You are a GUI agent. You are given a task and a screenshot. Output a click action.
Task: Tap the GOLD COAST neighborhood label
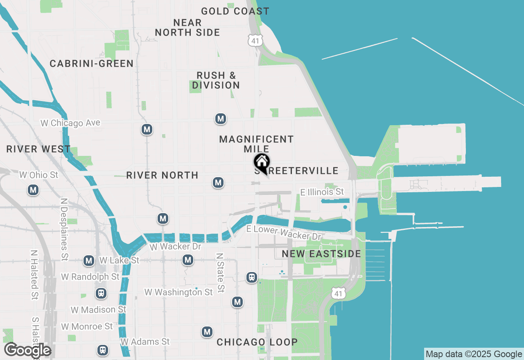[x=235, y=11]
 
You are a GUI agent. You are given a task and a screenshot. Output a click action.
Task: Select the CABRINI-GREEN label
[x=92, y=63]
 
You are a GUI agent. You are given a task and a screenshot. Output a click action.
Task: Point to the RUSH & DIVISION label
[x=216, y=80]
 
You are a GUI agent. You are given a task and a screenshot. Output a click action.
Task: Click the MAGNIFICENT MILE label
[x=256, y=144]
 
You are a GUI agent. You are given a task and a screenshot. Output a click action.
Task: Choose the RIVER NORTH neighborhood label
[x=162, y=175]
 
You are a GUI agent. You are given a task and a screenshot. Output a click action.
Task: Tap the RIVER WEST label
[x=38, y=149]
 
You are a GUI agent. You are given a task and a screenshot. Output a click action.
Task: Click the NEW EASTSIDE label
[x=321, y=254]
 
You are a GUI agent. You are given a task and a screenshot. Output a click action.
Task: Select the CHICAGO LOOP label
[x=257, y=342]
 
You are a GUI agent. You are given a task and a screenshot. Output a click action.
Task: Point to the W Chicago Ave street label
[x=70, y=123]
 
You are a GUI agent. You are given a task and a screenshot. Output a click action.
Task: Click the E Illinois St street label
[x=322, y=192]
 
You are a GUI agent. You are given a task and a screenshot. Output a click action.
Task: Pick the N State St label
[x=220, y=272]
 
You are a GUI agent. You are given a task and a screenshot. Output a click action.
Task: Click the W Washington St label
[x=178, y=292]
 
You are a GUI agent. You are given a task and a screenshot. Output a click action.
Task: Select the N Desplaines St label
[x=64, y=229]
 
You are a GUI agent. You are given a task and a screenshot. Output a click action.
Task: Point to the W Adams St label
[x=145, y=341]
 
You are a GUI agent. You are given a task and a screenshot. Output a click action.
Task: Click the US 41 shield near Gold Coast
[x=255, y=40]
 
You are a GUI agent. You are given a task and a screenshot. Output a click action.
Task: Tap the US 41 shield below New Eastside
[x=340, y=293]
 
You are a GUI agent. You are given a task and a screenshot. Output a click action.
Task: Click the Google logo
[x=27, y=350]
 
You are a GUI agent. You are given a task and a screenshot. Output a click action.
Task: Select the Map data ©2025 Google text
[x=474, y=354]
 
